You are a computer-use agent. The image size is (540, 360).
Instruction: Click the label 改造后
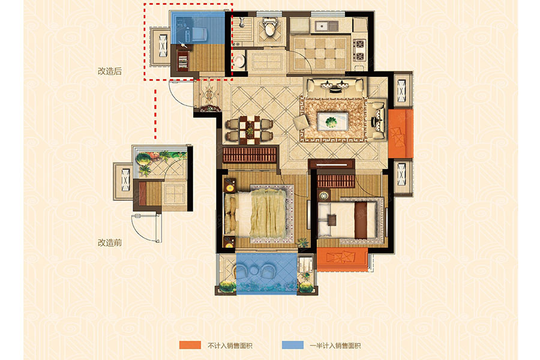110,71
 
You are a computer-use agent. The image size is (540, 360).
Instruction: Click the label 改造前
110,242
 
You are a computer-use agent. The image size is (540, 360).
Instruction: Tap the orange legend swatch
190,345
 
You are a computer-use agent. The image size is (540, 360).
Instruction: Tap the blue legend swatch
293,345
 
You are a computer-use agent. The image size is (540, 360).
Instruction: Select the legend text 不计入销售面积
230,346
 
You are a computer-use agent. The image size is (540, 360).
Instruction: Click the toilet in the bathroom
269,26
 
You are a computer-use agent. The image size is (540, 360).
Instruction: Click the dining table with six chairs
250,130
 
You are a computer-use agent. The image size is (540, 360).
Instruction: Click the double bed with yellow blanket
259,213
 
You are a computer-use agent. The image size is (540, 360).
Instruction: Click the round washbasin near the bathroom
239,61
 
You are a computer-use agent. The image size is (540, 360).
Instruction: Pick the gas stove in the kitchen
359,50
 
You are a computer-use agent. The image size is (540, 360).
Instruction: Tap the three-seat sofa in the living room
335,88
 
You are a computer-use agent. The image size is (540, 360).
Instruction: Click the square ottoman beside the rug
302,122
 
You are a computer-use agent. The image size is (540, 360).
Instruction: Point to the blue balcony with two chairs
266,274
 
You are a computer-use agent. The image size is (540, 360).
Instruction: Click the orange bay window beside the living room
401,134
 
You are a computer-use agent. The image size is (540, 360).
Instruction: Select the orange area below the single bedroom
342,259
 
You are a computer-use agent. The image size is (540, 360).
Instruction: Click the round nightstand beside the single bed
323,196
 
